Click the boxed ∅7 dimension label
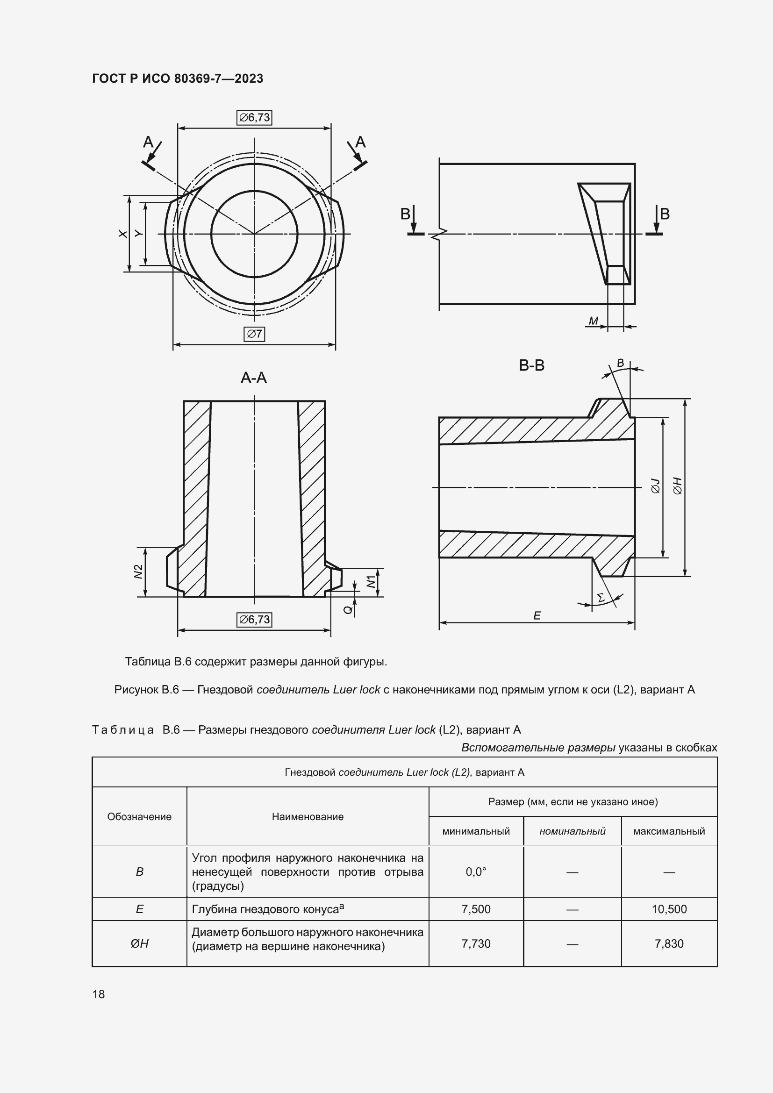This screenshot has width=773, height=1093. [x=254, y=334]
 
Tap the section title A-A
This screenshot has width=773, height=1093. [x=254, y=378]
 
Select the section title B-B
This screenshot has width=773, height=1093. [x=532, y=365]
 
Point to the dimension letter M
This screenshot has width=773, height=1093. [x=593, y=321]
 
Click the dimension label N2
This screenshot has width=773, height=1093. [x=138, y=571]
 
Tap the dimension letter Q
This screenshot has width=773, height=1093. [x=348, y=609]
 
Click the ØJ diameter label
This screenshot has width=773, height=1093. [x=655, y=486]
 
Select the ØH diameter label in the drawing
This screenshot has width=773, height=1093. [x=678, y=486]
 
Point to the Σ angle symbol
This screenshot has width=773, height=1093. [x=601, y=597]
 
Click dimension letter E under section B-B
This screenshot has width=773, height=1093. [x=537, y=616]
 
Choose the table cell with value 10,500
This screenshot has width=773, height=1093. [x=669, y=909]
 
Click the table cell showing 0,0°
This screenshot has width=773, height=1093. [x=476, y=872]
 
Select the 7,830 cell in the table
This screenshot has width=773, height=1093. [x=669, y=943]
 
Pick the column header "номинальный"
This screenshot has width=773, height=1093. [x=572, y=831]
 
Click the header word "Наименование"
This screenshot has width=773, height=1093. [x=308, y=816]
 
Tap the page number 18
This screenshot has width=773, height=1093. [x=99, y=994]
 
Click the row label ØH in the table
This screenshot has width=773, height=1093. [x=139, y=943]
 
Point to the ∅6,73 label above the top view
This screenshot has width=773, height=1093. [x=254, y=118]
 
